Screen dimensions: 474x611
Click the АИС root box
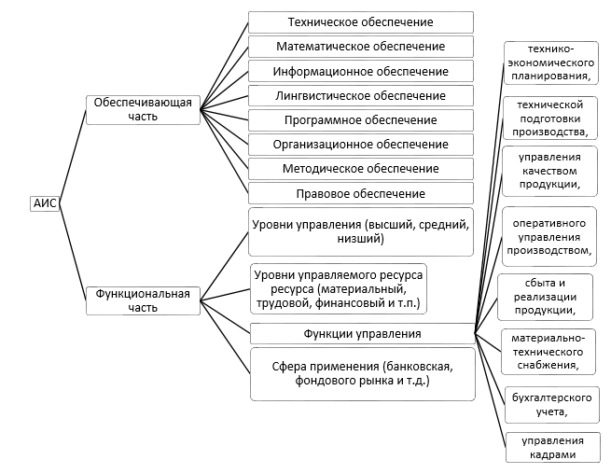(45, 203)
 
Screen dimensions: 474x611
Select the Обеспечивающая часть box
(144, 109)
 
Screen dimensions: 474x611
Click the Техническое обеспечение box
(360, 22)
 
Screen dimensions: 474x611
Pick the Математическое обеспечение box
(360, 47)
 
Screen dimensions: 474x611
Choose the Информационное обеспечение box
(360, 71)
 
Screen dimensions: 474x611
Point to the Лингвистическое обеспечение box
(360, 95)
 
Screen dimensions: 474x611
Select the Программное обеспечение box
(360, 120)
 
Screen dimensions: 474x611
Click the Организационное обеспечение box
(360, 145)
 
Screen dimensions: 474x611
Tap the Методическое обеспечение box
(360, 169)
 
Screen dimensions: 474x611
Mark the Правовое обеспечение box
(360, 193)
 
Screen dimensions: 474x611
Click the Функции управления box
(362, 333)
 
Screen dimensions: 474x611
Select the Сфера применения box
(362, 373)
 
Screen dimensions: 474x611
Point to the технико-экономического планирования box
(549, 63)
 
